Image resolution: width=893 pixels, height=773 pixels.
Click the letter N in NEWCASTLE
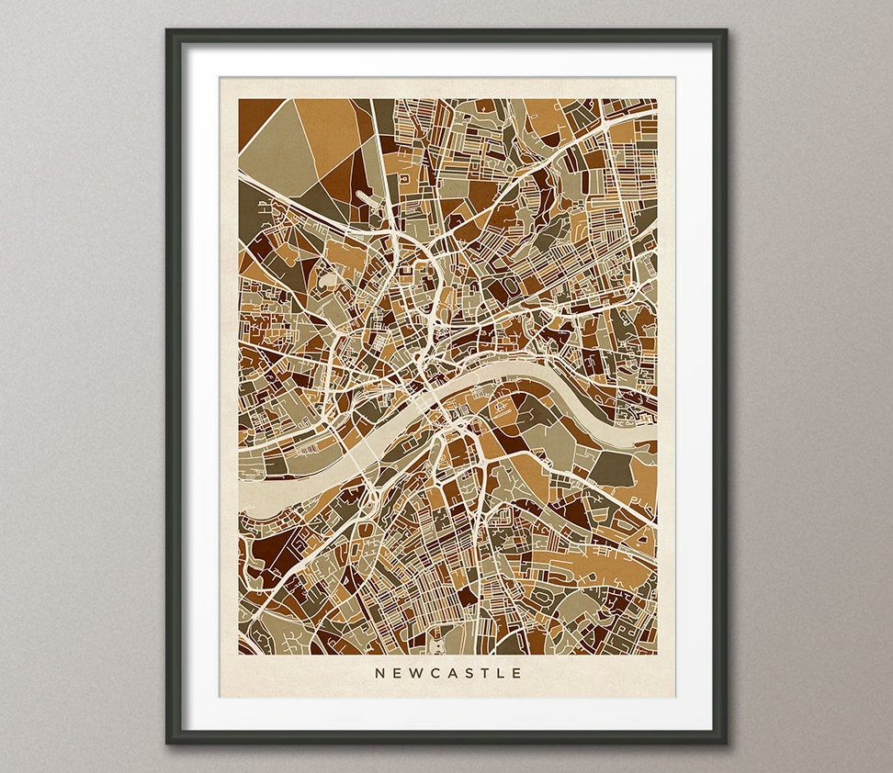point(379,673)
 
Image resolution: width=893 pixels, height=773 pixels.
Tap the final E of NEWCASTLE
point(517,673)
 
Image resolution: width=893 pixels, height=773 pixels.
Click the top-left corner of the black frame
point(168,31)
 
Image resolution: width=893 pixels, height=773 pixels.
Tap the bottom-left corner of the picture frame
point(168,741)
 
